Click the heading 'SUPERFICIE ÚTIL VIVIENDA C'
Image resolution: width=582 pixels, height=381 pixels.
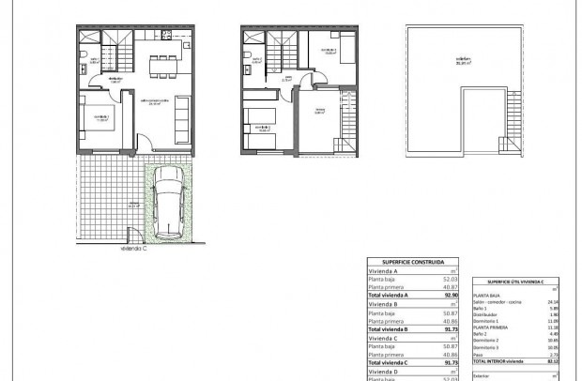tap(515, 282)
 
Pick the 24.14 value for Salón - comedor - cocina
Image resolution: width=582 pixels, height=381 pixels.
tap(553, 302)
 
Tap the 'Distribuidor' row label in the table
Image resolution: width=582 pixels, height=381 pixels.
tap(485, 314)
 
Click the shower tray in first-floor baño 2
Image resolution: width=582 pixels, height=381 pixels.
tap(250, 40)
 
